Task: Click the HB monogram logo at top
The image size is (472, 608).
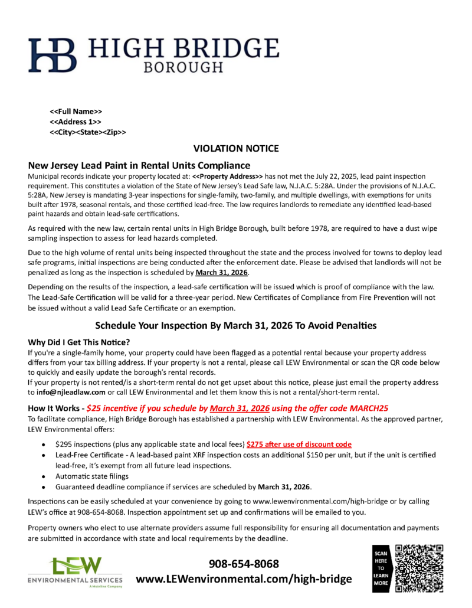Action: coord(54,54)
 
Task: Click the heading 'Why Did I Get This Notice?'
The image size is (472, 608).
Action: coord(79,342)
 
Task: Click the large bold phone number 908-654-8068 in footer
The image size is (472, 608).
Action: coord(244,564)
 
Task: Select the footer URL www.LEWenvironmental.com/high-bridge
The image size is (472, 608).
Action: coord(244,580)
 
